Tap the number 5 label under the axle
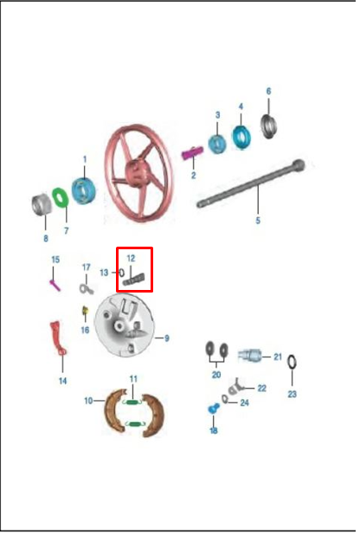coord(258,221)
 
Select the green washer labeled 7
coord(61,197)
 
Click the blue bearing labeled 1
coord(83,190)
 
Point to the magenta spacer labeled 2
coord(192,153)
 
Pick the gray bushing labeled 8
coord(41,204)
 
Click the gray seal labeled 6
coord(269,126)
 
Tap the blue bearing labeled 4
coord(241,137)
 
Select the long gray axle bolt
coord(251,183)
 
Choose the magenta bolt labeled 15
coord(55,285)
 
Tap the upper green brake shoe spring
coord(132,402)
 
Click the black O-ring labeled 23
coord(292,362)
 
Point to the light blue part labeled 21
coord(249,356)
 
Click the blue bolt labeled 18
coord(214,408)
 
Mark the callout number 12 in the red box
coord(131,259)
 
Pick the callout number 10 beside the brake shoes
coord(88,401)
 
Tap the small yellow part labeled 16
coord(85,311)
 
